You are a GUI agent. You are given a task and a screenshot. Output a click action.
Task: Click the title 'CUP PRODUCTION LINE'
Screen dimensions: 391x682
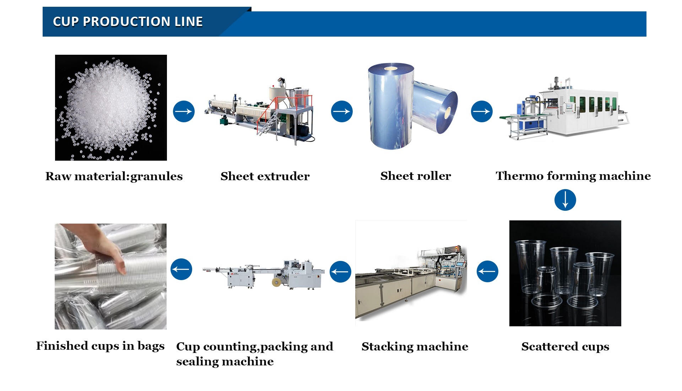128,22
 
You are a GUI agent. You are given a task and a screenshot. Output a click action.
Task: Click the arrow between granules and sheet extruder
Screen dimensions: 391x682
184,111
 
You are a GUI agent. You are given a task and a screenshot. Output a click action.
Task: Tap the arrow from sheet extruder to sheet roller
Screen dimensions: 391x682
342,111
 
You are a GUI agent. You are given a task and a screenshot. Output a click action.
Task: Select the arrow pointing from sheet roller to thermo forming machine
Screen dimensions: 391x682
482,111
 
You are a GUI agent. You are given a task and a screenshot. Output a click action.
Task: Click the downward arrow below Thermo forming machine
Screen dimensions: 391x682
565,200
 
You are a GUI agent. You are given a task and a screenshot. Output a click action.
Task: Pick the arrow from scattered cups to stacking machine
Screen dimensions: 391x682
487,271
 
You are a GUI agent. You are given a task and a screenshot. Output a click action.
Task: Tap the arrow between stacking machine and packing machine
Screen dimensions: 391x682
340,272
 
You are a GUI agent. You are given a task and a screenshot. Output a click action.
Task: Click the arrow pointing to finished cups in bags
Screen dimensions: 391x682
181,269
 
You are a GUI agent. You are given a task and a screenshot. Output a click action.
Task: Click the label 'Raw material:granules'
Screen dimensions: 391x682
114,176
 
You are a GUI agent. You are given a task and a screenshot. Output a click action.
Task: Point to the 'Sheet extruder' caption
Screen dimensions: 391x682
265,176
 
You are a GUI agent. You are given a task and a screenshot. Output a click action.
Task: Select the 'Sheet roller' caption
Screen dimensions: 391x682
415,176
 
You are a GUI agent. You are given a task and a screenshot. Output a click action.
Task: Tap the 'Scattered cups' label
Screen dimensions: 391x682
565,347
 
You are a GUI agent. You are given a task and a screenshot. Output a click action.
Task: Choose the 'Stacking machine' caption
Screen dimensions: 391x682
415,347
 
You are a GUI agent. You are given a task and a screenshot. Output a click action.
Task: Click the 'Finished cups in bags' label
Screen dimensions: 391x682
100,346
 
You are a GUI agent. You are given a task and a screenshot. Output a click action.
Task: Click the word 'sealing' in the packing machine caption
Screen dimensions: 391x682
194,362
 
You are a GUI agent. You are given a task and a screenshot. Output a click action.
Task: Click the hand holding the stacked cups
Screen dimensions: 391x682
107,249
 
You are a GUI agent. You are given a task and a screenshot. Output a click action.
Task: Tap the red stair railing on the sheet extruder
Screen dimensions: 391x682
274,107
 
